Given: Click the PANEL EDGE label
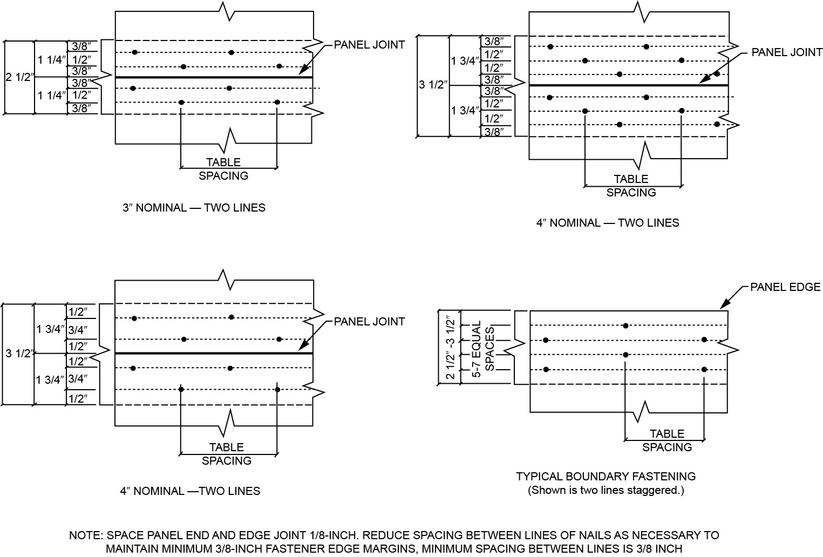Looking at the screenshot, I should [785, 287].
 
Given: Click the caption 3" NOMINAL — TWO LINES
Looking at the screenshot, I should [194, 208].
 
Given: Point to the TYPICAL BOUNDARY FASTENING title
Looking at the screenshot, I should [606, 477].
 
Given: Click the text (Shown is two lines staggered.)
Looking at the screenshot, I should [606, 491].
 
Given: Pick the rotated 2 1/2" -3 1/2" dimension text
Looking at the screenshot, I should [450, 348].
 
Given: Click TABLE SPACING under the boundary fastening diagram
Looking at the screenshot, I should [667, 440].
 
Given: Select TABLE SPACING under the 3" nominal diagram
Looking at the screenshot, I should [223, 169].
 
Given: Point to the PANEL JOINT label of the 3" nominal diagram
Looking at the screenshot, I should [369, 45].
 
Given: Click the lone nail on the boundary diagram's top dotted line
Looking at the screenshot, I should [625, 325].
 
